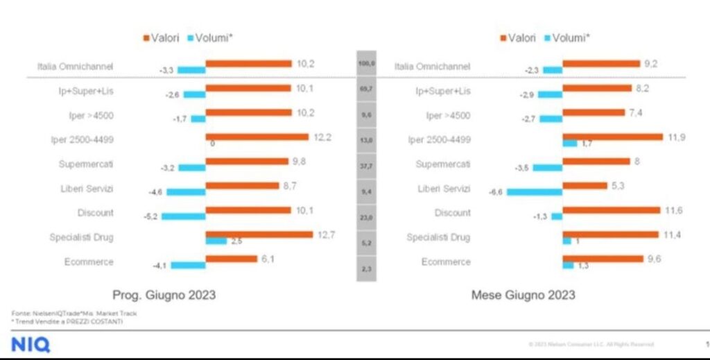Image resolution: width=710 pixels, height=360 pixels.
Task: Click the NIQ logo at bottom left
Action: [31, 345]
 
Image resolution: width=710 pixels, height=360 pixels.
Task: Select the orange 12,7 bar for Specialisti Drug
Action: [259, 234]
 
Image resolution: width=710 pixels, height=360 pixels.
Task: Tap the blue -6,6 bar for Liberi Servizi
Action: [534, 192]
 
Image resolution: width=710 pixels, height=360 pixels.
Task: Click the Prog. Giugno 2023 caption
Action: [164, 295]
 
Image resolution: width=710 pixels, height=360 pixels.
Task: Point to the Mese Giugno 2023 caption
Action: [523, 295]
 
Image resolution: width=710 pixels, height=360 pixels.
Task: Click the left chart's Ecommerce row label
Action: [86, 262]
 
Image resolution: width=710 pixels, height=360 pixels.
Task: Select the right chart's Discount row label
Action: [452, 213]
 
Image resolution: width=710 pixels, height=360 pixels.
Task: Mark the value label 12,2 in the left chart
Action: [322, 137]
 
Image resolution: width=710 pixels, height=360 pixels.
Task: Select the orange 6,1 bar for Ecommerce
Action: [232, 259]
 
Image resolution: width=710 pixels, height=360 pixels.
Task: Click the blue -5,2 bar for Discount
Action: [184, 216]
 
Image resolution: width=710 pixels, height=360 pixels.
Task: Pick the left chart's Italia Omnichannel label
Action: [76, 67]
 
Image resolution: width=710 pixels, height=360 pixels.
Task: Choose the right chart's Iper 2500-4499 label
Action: [440, 139]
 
